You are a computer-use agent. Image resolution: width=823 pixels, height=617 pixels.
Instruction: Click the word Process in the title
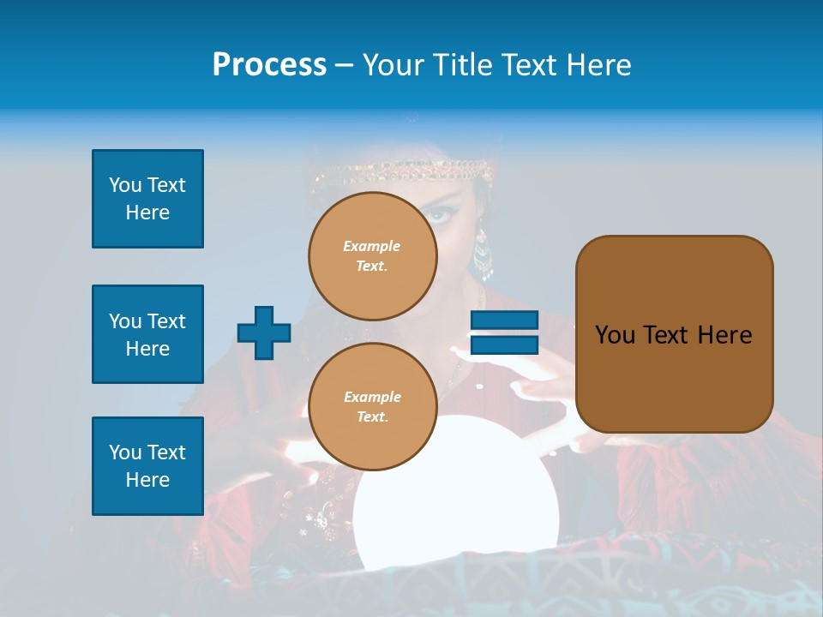269,65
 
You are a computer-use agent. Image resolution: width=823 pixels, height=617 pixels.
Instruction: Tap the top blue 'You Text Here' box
147,199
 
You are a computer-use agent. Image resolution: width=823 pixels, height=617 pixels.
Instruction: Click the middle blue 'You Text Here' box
147,334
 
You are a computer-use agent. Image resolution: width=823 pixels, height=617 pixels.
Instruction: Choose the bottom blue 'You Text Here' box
147,466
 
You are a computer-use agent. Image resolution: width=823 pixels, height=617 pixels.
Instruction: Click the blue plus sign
264,332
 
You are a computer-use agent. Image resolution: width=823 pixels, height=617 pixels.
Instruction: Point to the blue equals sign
504,332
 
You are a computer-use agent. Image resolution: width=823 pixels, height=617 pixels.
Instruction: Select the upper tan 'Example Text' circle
373,255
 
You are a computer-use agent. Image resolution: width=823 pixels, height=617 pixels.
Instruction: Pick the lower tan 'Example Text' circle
373,406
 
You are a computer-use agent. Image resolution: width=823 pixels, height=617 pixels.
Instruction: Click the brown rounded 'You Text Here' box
674,334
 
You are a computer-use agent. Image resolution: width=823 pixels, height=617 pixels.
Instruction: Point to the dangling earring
484,253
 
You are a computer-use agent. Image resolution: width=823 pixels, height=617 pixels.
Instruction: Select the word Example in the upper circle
372,246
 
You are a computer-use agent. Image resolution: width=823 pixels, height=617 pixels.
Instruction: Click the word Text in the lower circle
372,416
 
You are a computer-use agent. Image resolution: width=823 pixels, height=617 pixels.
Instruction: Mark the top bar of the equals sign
504,320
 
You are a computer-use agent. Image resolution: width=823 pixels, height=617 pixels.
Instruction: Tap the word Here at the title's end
599,65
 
